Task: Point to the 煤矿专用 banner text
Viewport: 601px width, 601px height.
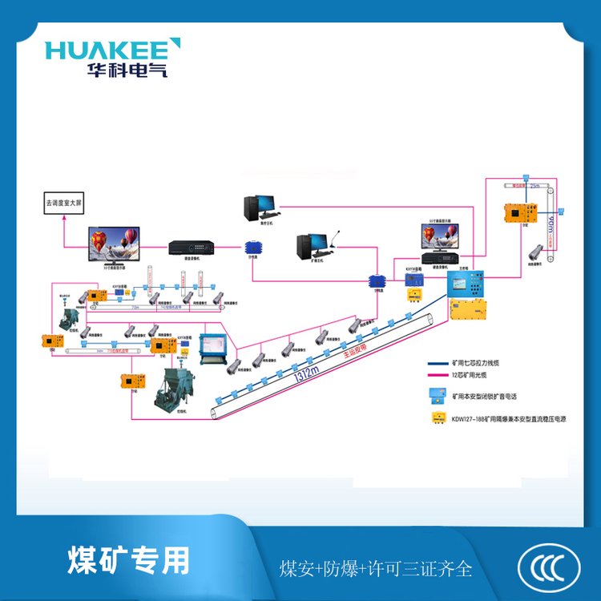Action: coord(129,559)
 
